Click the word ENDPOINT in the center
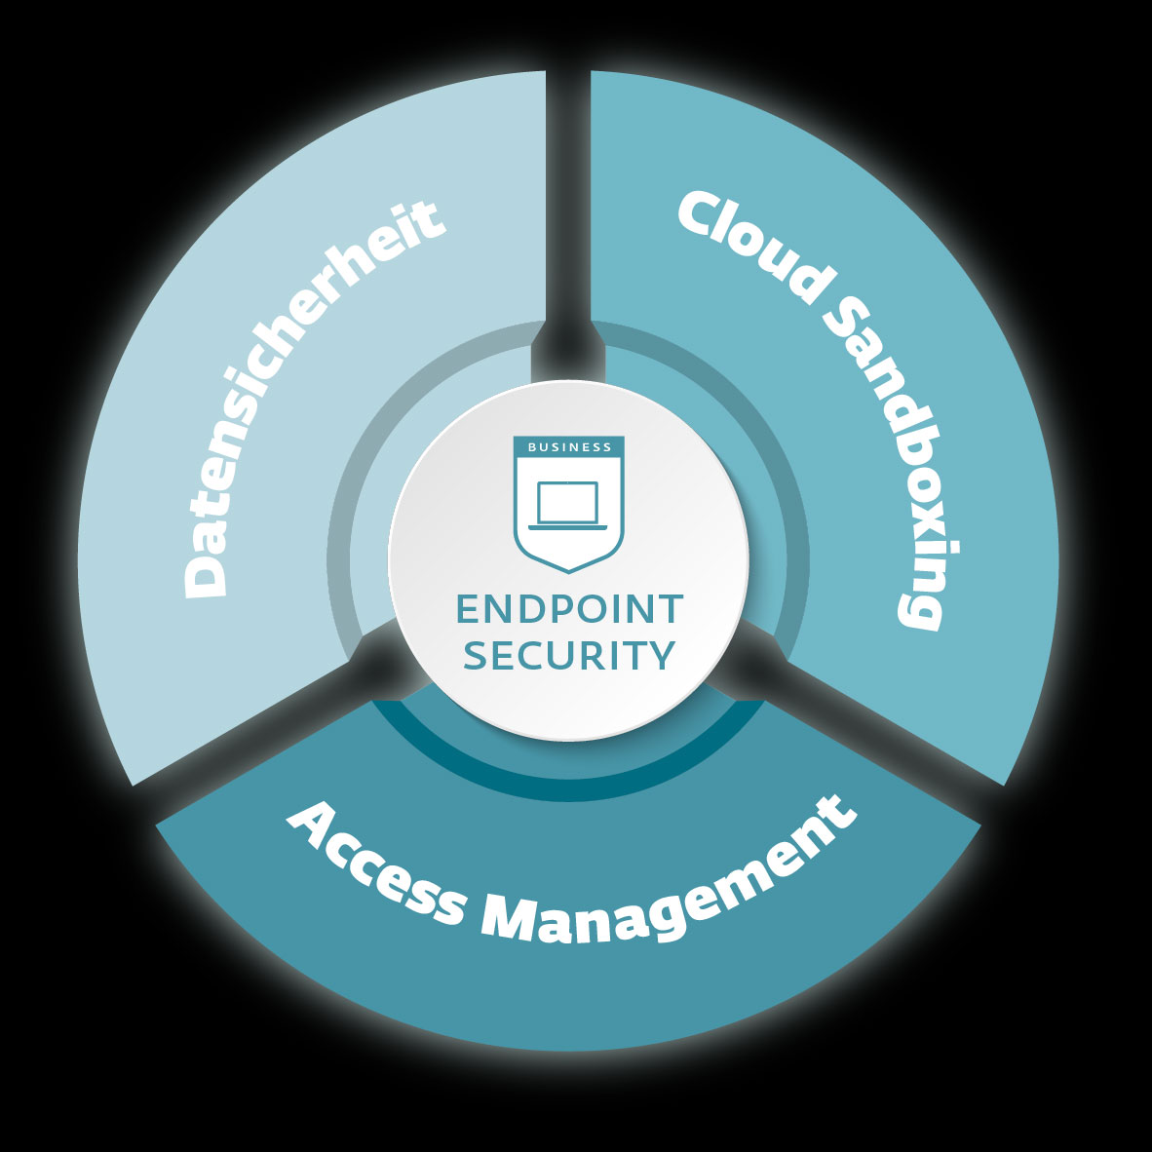click(569, 609)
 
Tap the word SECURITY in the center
click(569, 654)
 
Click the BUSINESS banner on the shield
click(569, 447)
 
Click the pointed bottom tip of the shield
click(569, 570)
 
